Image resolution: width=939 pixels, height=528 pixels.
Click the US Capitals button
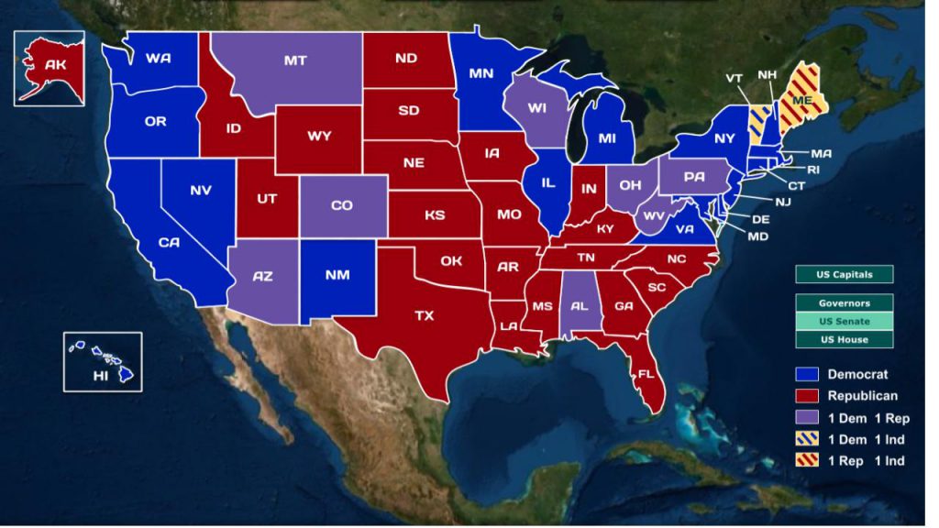click(844, 274)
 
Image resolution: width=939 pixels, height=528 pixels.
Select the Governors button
click(844, 302)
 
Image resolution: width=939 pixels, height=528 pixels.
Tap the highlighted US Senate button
click(844, 321)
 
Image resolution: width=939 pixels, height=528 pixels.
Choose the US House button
click(844, 339)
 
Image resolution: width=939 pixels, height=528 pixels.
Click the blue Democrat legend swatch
click(808, 374)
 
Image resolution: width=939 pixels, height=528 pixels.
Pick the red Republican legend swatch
click(808, 396)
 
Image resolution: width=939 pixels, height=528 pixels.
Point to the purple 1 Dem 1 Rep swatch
click(808, 417)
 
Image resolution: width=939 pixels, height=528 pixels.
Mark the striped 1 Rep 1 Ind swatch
click(808, 460)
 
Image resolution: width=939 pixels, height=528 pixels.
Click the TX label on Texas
click(424, 315)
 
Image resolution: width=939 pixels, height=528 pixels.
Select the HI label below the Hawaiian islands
click(103, 377)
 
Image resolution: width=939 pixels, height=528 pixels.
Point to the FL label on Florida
click(646, 374)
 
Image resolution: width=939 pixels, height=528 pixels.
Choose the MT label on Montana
click(295, 60)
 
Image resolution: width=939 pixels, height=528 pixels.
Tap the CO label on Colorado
click(341, 205)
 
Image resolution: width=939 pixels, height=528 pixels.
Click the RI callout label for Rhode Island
click(812, 170)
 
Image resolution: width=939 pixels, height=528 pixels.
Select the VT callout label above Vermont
click(734, 79)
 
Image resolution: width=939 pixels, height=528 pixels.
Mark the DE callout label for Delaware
click(760, 220)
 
